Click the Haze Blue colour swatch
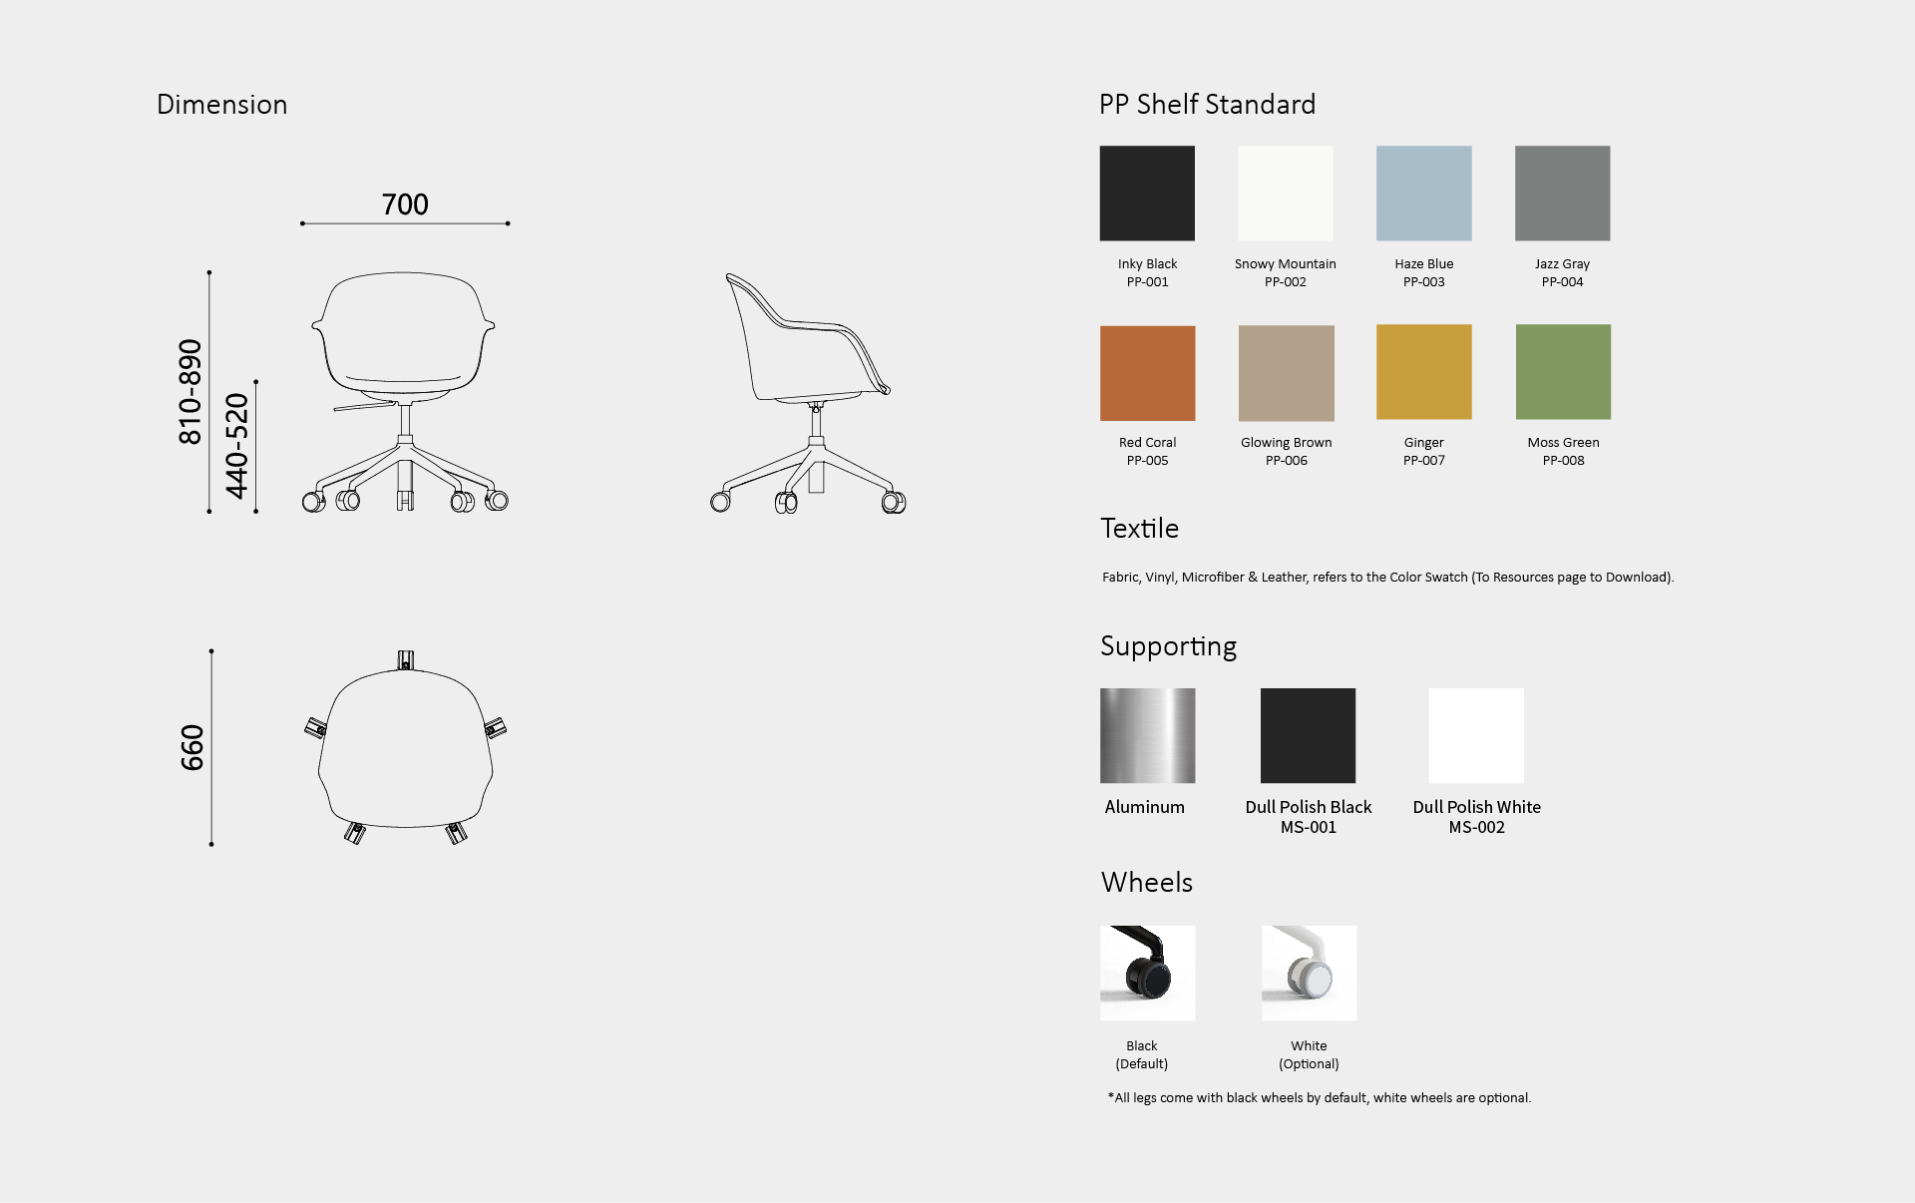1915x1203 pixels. click(1423, 194)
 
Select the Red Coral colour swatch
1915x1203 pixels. click(1147, 373)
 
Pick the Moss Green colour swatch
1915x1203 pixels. click(1563, 372)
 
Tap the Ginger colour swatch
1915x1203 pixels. click(1423, 372)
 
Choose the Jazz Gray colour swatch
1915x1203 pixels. click(1562, 194)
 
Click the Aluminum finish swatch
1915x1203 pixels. click(1147, 735)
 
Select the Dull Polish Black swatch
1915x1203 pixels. click(1308, 735)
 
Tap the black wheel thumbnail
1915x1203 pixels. click(1147, 973)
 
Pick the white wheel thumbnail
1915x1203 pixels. click(1309, 973)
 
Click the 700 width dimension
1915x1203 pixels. click(405, 204)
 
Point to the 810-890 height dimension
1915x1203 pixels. click(190, 392)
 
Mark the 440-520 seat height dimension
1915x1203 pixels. click(236, 446)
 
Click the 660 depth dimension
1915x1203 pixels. click(191, 747)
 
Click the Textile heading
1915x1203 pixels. click(1139, 529)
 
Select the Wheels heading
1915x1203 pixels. click(1147, 883)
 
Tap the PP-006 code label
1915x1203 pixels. click(1286, 461)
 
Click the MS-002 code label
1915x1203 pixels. click(1476, 827)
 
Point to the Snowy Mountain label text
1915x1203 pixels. click(1285, 264)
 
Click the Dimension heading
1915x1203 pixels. click(221, 105)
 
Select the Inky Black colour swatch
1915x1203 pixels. click(1147, 194)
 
